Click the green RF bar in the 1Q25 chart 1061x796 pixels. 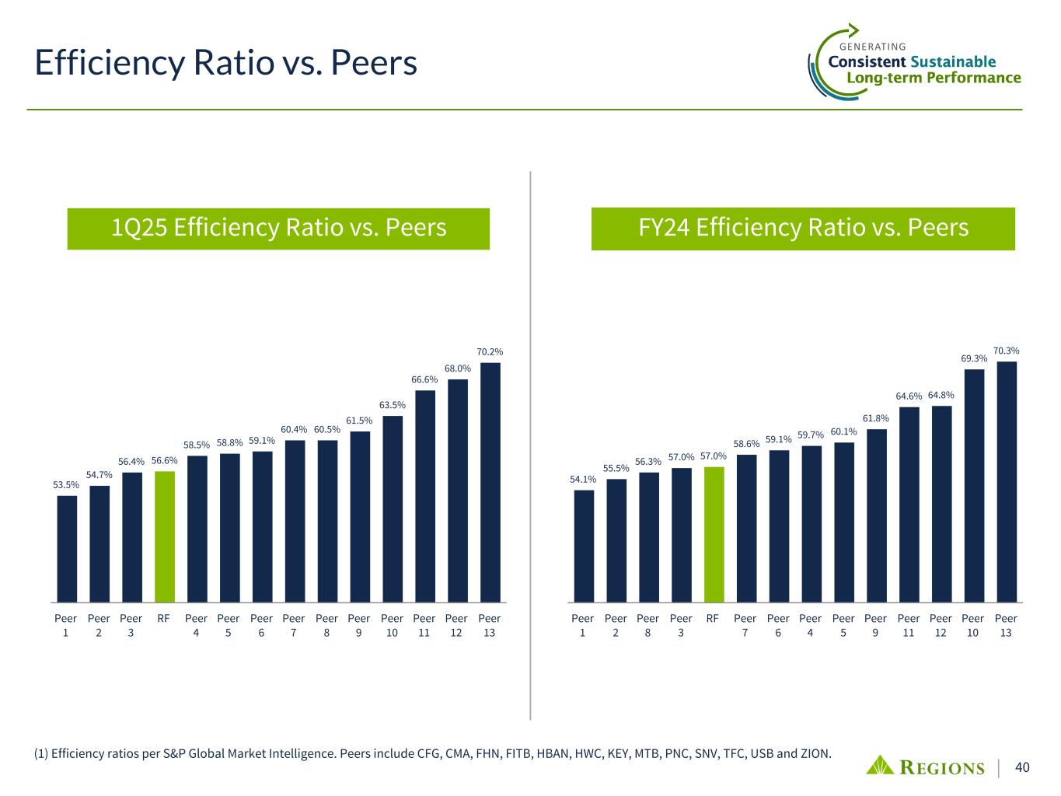(x=164, y=536)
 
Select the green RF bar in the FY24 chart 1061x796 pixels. (x=714, y=534)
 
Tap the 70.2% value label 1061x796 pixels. (x=490, y=352)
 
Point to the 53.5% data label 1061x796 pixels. (x=66, y=485)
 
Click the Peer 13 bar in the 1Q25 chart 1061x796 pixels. (x=490, y=482)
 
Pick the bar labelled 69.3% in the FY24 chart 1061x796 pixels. (x=974, y=485)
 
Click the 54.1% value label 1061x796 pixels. (x=583, y=479)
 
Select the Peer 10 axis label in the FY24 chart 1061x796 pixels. (x=973, y=625)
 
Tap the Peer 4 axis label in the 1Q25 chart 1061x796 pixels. (x=196, y=625)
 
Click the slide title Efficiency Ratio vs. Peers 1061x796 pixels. (x=226, y=62)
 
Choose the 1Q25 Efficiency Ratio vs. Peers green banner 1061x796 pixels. (x=278, y=228)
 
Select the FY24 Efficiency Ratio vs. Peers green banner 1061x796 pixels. (x=803, y=228)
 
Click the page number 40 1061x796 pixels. (x=1022, y=767)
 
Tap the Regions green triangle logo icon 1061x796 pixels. (x=881, y=765)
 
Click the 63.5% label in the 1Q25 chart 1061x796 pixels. (x=392, y=405)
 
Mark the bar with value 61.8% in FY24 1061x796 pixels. (x=876, y=515)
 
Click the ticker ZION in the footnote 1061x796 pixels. (x=816, y=753)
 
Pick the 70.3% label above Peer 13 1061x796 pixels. (x=1006, y=351)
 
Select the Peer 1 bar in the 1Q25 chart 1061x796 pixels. (x=67, y=549)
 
